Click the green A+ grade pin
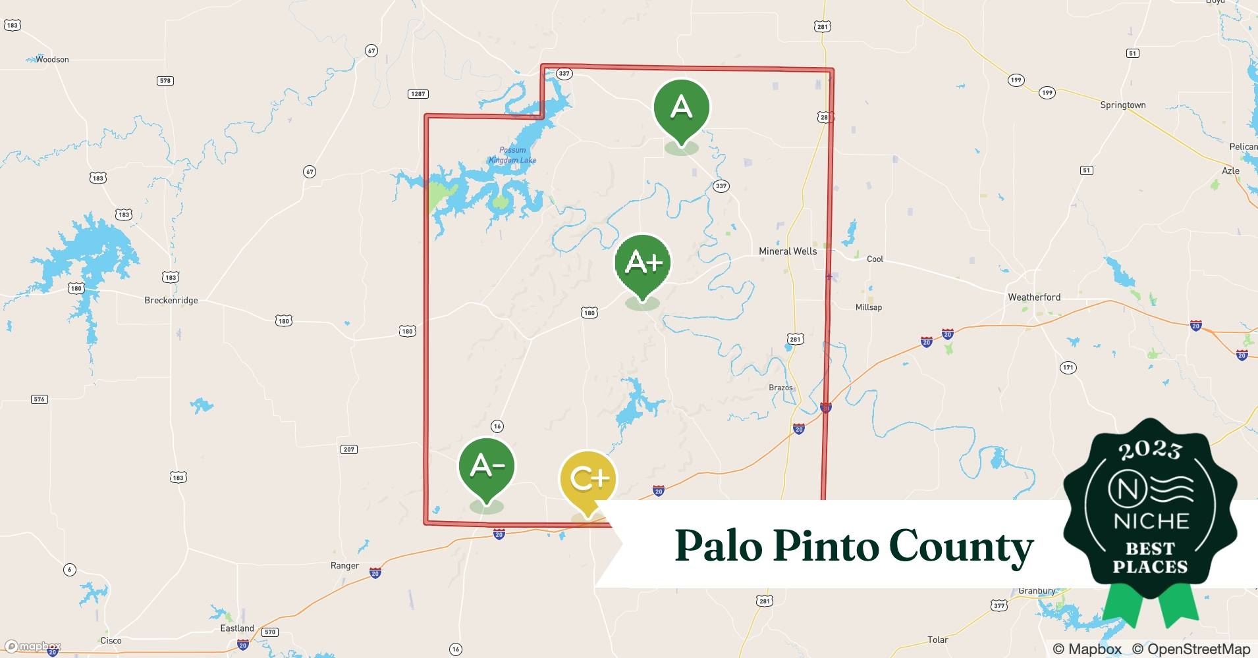pos(642,263)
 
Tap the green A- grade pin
pos(487,467)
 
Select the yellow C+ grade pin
pos(588,479)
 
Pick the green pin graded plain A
pos(681,107)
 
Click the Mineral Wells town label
pos(787,251)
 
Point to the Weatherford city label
pos(1034,297)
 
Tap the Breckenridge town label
pos(171,301)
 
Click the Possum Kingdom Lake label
pos(512,155)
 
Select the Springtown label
pos(1122,105)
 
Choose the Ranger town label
pos(344,566)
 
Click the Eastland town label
pos(237,628)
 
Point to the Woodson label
pos(52,59)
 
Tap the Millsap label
pos(868,307)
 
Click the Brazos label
pos(780,388)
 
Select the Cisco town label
pos(111,641)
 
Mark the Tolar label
pos(937,640)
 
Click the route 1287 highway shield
pos(418,94)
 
